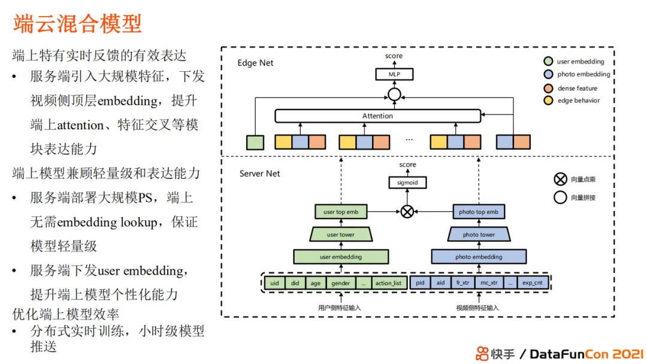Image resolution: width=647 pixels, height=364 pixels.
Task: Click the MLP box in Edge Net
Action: tap(394, 74)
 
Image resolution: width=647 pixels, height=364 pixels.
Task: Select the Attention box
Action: tap(377, 116)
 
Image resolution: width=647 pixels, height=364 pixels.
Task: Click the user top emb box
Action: tap(341, 212)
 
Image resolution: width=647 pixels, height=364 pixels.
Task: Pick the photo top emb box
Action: tap(479, 212)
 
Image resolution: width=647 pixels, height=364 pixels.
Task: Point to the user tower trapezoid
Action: tap(341, 234)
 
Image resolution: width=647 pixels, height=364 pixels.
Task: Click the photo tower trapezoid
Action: tap(479, 234)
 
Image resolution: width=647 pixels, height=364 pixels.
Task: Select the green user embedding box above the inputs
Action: tap(341, 257)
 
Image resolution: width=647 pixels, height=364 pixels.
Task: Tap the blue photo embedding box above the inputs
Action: tap(479, 257)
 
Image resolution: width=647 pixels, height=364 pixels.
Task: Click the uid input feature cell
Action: tap(274, 283)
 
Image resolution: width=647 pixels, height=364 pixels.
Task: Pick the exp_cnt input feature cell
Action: tap(532, 283)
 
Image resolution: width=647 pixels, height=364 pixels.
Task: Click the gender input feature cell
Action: tap(340, 283)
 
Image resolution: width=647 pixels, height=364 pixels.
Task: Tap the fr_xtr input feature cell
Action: tap(462, 283)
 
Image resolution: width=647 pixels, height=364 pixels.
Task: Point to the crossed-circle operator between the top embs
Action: tap(407, 211)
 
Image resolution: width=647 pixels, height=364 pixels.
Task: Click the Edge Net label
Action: tap(255, 63)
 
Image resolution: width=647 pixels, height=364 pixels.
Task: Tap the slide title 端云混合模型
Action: tap(78, 24)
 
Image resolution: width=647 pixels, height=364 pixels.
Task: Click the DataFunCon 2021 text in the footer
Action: tap(586, 353)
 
